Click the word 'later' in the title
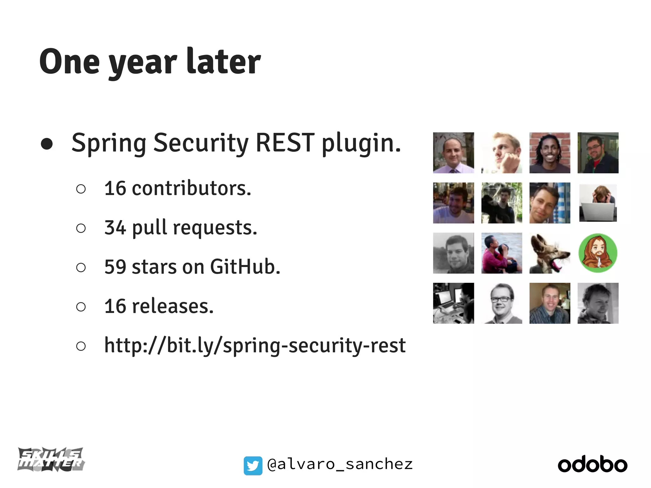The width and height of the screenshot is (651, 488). tap(223, 61)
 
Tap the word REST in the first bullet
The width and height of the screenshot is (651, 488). tap(285, 143)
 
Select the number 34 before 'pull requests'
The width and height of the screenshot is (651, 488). tap(115, 227)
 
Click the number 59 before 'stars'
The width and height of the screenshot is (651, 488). tap(115, 267)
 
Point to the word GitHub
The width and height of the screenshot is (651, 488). tap(245, 267)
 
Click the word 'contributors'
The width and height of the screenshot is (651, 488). tap(191, 188)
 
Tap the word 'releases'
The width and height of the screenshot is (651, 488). tap(173, 306)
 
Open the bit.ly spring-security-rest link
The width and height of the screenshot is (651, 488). tap(255, 345)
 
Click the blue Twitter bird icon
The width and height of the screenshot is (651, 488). tap(253, 465)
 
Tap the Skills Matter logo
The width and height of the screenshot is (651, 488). tap(51, 459)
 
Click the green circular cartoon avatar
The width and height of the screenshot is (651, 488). tap(598, 253)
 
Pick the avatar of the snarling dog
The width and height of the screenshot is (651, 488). tap(550, 253)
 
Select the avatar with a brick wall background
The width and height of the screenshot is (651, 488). tap(550, 153)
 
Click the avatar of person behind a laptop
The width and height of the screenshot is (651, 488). tap(598, 203)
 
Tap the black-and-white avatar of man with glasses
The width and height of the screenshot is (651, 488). tap(502, 303)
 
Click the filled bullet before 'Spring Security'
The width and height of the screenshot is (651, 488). tap(47, 144)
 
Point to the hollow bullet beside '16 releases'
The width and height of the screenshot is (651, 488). tap(81, 307)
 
